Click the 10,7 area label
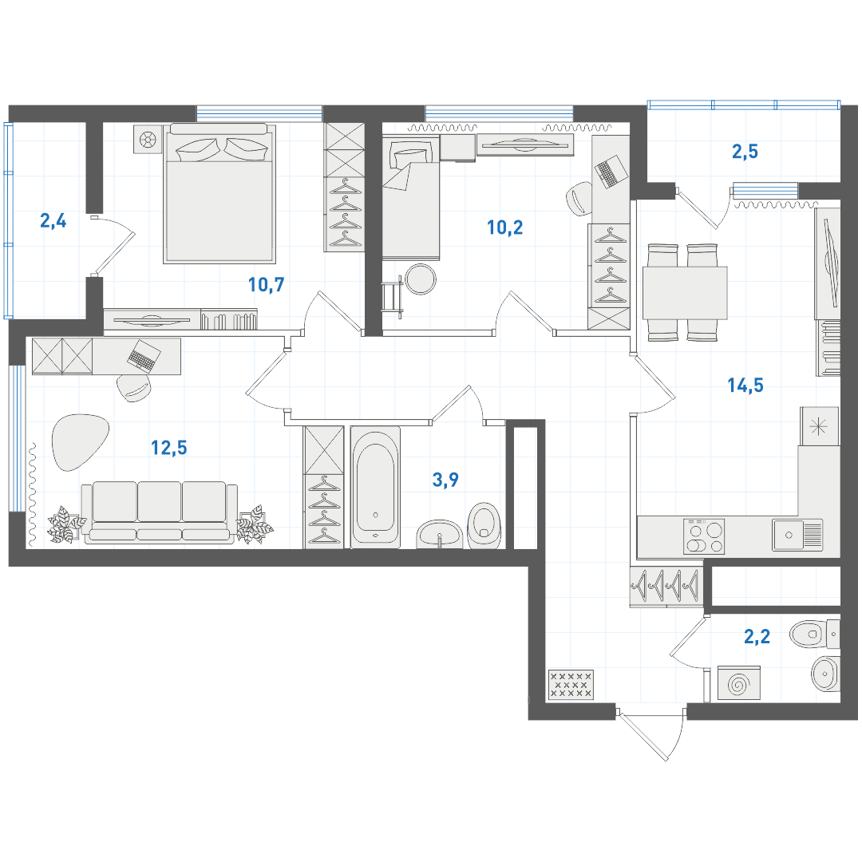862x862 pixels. (x=266, y=285)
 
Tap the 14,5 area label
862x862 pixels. (x=745, y=386)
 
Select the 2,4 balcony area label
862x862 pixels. (x=53, y=221)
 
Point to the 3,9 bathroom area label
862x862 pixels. (x=445, y=480)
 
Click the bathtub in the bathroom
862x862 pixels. (x=375, y=487)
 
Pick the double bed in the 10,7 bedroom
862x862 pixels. (x=220, y=193)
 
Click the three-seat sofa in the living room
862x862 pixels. (x=160, y=513)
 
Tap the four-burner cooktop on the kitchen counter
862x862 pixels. (x=704, y=536)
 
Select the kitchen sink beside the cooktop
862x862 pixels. (x=797, y=535)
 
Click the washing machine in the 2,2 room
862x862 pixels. (x=739, y=684)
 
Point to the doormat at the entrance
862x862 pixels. (x=571, y=685)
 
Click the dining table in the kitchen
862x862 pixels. (x=685, y=292)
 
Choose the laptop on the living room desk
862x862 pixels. (x=144, y=355)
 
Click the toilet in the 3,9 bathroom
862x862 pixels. (x=484, y=525)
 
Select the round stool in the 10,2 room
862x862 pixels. (x=420, y=279)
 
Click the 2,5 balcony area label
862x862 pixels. (x=745, y=152)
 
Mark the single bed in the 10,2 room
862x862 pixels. (x=411, y=198)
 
